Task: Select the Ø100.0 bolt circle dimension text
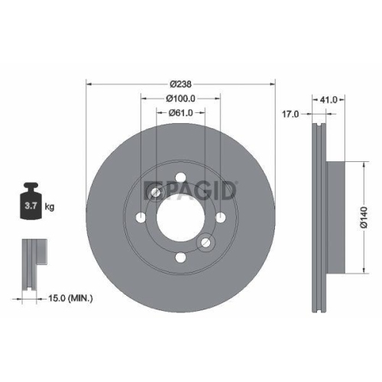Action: pos(180,99)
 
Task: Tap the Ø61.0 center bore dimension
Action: pos(180,114)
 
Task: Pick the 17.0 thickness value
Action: pos(290,115)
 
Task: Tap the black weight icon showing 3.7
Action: pos(33,203)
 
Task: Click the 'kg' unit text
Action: pos(50,206)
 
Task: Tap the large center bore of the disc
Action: pos(180,218)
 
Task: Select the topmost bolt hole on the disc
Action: pos(180,179)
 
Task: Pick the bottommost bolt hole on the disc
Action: pos(180,257)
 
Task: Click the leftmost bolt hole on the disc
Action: pos(141,219)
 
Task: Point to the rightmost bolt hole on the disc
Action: pos(220,219)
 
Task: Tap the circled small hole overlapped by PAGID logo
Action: pos(156,194)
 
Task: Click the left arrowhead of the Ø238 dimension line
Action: pos(89,83)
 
